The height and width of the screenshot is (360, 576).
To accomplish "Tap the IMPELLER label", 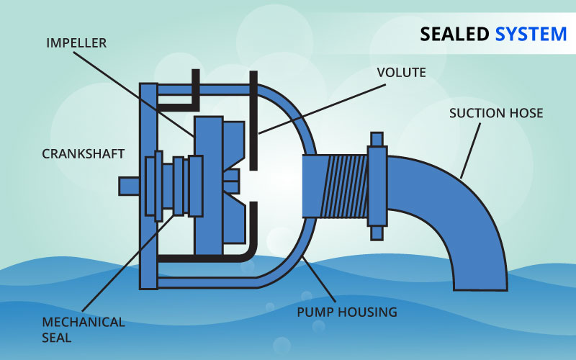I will pos(76,42).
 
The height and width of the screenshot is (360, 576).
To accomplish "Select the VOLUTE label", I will pos(402,72).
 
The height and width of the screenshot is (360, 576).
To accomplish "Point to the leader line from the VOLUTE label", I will pos(317,105).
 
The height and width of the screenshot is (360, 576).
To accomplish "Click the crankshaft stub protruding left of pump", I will pos(129,185).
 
